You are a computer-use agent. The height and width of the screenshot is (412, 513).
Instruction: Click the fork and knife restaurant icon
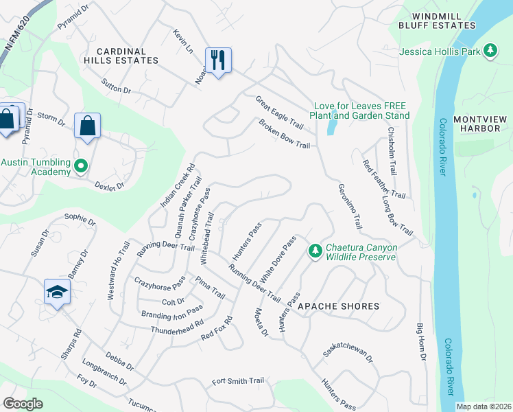(218, 60)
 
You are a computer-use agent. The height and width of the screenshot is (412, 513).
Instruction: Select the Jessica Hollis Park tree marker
(490, 50)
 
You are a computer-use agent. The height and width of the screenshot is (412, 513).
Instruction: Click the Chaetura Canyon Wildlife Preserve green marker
(315, 252)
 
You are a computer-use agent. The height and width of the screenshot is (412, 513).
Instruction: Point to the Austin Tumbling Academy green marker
(81, 166)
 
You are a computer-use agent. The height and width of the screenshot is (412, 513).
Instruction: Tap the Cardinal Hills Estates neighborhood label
(121, 56)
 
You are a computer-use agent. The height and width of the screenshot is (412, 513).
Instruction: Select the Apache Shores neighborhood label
(339, 306)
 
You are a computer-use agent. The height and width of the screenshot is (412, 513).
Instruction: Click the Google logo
(23, 403)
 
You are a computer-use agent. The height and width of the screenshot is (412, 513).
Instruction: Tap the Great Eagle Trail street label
(279, 113)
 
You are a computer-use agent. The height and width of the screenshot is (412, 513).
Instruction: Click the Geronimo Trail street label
(349, 206)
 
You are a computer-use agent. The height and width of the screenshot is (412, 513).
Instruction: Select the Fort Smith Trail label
(238, 381)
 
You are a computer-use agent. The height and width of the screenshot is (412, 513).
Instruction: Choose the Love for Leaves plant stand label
(361, 111)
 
